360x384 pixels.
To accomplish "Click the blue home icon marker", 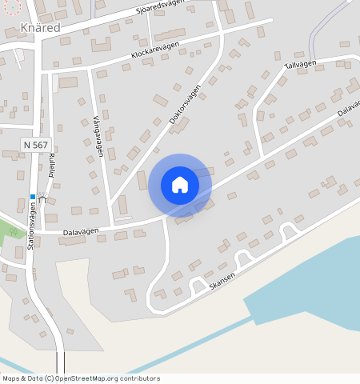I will pyautogui.click(x=180, y=185).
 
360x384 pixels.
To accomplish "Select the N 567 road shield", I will pyautogui.click(x=36, y=145).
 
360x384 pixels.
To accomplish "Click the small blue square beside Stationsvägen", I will pyautogui.click(x=33, y=197).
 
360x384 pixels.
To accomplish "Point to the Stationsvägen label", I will pyautogui.click(x=33, y=226).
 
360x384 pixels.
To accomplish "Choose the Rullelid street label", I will pyautogui.click(x=51, y=163).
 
